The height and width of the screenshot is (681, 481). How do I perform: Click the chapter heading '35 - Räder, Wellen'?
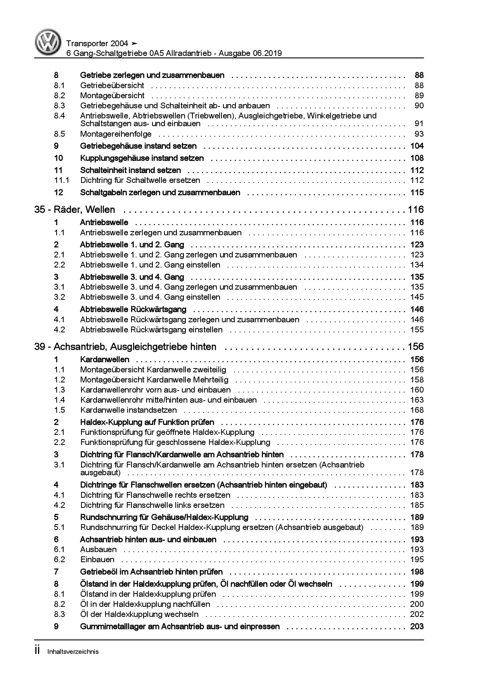point(74,210)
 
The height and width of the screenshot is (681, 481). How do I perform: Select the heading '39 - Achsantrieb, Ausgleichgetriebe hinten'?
point(125,347)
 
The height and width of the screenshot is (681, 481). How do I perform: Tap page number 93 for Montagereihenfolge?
point(419,134)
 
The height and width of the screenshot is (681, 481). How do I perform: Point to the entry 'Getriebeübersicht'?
point(112,85)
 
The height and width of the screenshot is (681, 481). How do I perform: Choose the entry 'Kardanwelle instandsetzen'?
point(128,410)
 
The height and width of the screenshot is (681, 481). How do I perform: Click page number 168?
point(417,410)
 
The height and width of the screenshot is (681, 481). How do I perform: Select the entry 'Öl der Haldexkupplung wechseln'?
point(139,614)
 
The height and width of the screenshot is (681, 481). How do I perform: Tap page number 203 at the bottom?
point(417,626)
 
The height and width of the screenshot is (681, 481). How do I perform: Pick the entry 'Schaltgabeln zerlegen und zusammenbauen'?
point(160,193)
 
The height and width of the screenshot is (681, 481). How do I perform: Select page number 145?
point(417,297)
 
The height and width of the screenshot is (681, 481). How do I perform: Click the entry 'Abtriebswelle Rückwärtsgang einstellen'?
point(151,330)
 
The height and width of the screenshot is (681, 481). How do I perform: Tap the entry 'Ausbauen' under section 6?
point(98,549)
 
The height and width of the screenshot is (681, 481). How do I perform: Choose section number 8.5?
point(59,134)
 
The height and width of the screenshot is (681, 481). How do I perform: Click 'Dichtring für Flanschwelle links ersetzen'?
point(152,505)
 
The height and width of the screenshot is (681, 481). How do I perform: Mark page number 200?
point(417,604)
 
